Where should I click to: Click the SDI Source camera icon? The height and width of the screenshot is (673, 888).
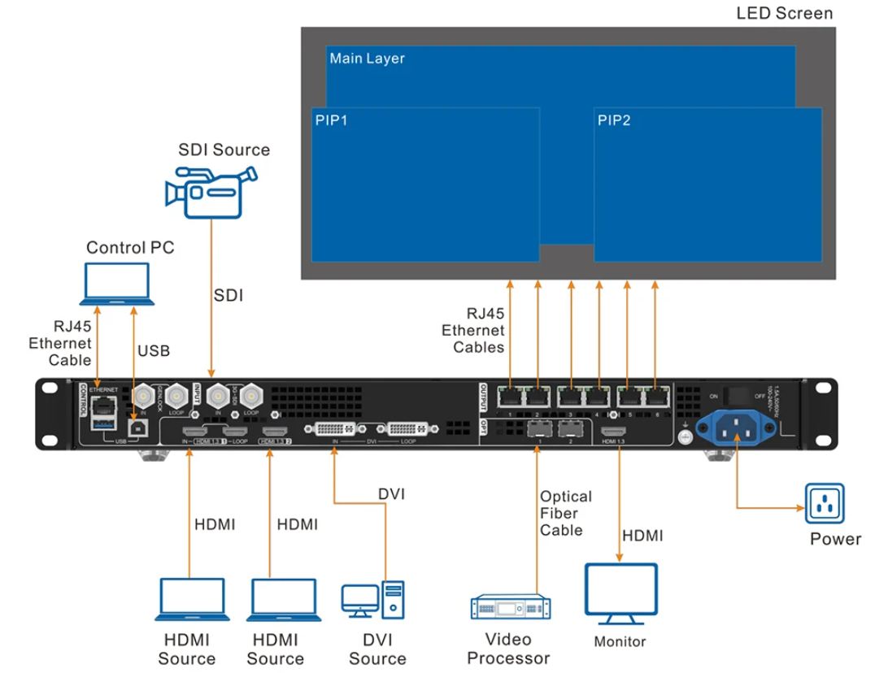(211, 191)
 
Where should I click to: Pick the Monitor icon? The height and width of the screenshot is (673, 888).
(620, 593)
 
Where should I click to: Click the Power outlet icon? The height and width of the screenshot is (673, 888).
(825, 504)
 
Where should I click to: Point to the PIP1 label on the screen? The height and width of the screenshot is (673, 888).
(332, 120)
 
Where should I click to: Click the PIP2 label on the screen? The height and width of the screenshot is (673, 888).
(614, 120)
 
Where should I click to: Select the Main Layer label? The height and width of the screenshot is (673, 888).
(367, 59)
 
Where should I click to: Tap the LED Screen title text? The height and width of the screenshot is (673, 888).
(784, 13)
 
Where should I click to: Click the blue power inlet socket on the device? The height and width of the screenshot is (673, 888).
(736, 426)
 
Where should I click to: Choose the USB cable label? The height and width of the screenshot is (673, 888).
(154, 350)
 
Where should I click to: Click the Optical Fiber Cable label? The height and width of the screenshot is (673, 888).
(565, 513)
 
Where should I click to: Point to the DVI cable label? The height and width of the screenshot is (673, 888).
(391, 493)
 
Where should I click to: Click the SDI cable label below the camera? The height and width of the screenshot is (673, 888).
(229, 296)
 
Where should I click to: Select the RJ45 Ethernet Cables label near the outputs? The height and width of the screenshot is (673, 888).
(473, 331)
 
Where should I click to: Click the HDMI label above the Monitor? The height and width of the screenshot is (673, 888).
(642, 536)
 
